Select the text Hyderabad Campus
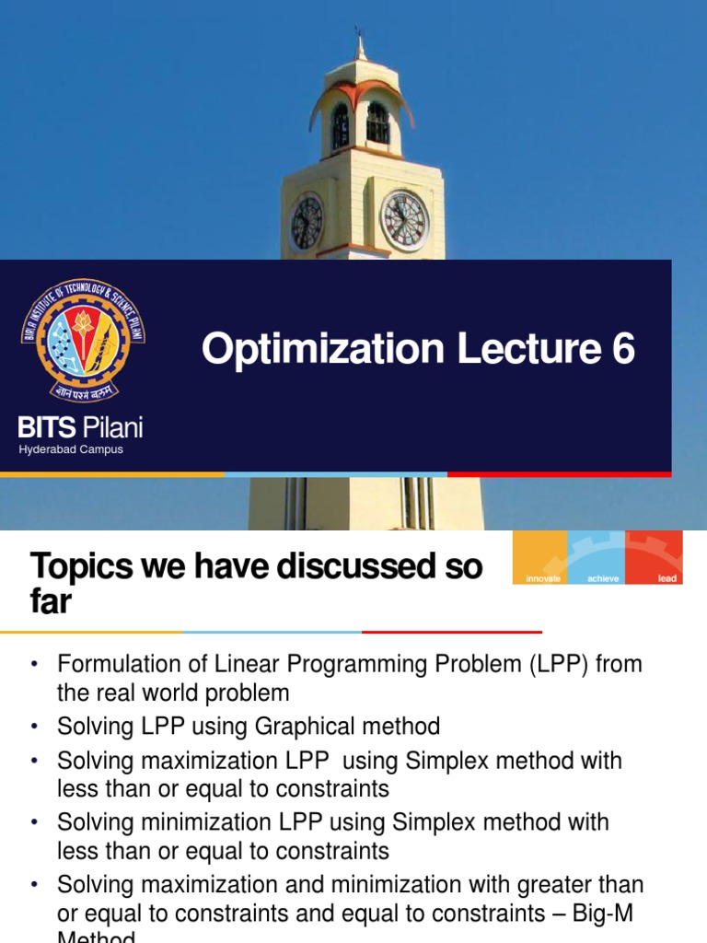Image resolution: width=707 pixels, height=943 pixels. [71, 449]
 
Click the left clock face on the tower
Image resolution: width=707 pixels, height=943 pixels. [307, 223]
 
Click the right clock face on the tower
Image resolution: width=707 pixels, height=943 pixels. [404, 221]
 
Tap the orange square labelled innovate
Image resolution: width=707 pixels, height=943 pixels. [540, 557]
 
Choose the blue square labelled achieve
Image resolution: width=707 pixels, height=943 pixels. [597, 557]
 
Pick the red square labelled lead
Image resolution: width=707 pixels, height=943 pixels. [655, 557]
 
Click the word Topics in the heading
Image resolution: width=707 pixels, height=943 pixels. [80, 567]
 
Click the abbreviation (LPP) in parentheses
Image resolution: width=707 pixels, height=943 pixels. [559, 664]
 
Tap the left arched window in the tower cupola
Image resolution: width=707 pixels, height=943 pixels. [340, 125]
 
